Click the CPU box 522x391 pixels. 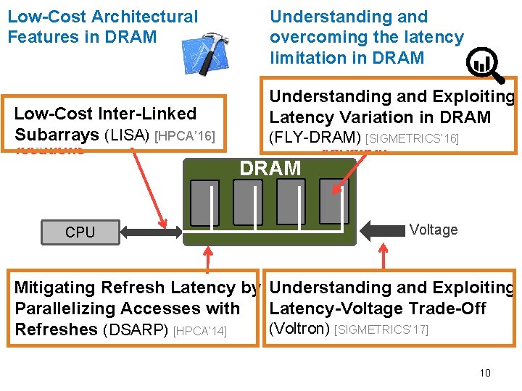click(x=80, y=232)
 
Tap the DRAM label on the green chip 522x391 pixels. click(x=270, y=169)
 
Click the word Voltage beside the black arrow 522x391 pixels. click(x=433, y=230)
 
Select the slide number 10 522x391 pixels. click(x=485, y=373)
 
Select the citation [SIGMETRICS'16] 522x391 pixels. click(x=412, y=138)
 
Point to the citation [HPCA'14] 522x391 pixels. click(x=200, y=331)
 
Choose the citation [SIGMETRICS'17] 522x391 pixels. click(x=381, y=330)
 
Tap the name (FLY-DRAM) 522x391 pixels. click(x=315, y=137)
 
